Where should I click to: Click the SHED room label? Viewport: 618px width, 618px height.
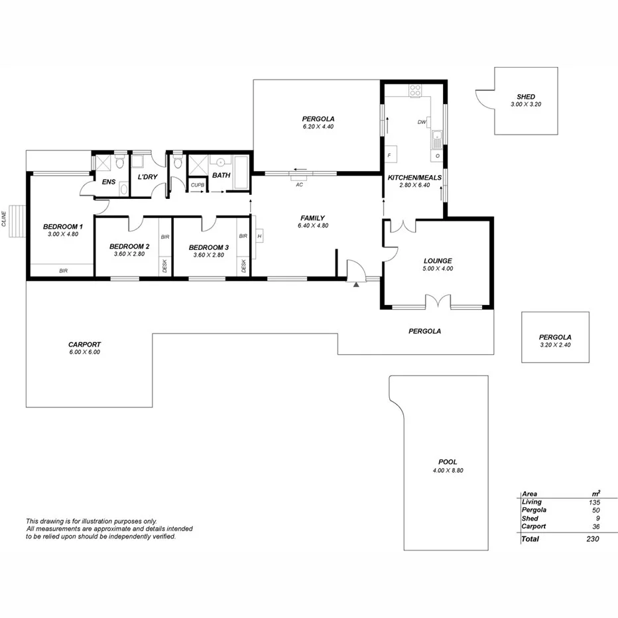click(526, 97)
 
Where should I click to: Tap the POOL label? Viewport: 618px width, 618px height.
click(448, 462)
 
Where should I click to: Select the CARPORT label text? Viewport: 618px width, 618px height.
click(84, 344)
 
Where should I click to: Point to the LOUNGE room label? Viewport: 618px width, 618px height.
click(437, 261)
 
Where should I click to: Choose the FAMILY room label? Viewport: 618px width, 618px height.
click(312, 217)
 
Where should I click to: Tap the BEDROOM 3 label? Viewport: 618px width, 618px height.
click(209, 247)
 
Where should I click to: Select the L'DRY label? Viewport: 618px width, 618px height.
click(147, 178)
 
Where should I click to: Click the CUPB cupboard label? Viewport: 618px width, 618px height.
click(197, 185)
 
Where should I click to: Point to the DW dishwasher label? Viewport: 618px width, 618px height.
click(422, 122)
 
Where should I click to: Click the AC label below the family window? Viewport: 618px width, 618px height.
click(300, 184)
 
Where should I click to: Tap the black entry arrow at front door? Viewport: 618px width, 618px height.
click(357, 284)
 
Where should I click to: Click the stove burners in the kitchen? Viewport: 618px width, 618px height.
click(416, 91)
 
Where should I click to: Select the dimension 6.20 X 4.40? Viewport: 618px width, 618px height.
click(318, 126)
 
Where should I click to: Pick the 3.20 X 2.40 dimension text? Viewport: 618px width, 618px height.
click(555, 345)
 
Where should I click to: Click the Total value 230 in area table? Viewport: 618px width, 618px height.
click(592, 539)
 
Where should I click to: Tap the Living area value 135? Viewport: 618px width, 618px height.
click(593, 502)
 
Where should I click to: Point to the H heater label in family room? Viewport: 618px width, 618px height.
click(259, 236)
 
